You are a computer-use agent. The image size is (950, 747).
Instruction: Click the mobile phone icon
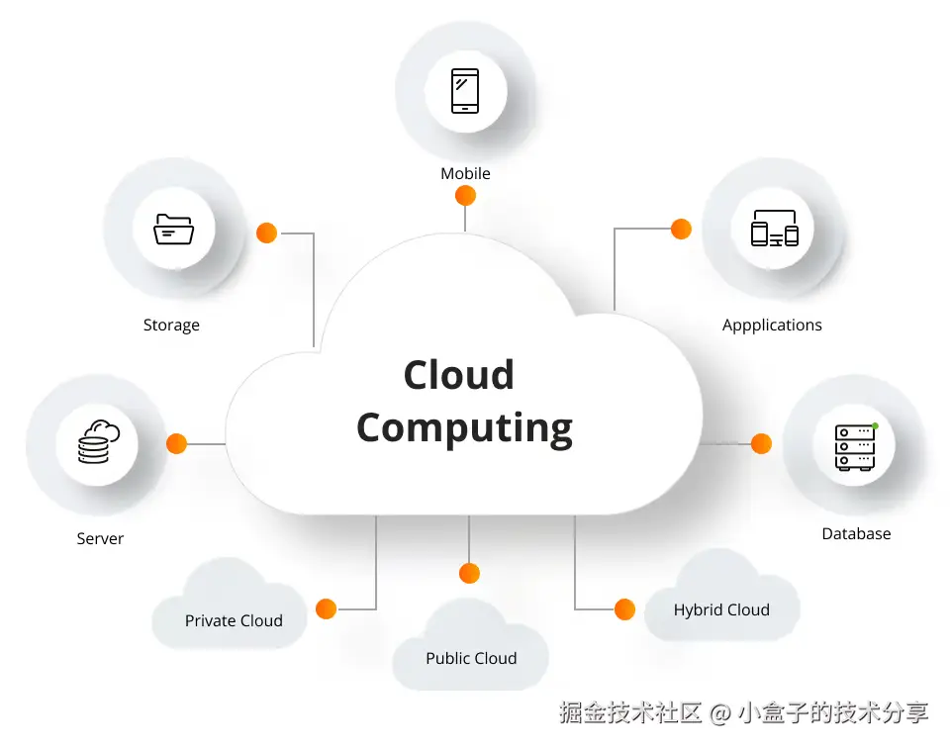(465, 91)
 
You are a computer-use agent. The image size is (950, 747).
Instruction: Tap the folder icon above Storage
(174, 229)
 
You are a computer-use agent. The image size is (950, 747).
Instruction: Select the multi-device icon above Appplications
(774, 230)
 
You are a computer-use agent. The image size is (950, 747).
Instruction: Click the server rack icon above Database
(855, 446)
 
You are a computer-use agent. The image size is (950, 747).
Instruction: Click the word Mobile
(465, 173)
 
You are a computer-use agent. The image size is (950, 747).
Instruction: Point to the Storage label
(171, 325)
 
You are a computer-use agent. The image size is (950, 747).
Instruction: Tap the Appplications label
(772, 325)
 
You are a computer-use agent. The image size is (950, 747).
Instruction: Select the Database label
(856, 533)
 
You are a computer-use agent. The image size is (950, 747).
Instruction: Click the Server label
(100, 539)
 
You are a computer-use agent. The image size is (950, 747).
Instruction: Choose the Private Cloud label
(234, 620)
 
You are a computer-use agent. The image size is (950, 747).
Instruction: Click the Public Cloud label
(471, 658)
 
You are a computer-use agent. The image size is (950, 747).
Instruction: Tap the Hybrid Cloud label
(721, 609)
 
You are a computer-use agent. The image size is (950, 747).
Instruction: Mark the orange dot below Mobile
(465, 196)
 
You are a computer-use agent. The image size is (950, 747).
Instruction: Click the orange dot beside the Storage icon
(266, 233)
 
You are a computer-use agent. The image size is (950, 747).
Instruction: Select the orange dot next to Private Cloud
(326, 608)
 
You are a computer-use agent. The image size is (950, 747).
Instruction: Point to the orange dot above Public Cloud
(469, 573)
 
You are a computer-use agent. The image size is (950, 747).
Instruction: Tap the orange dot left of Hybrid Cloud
(624, 608)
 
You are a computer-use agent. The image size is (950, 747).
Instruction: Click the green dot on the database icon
(875, 425)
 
